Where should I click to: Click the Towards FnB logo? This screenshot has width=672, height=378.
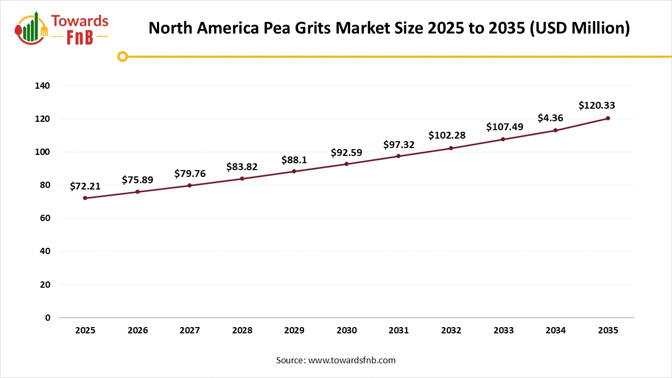click(62, 29)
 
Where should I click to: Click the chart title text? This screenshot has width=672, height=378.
click(388, 28)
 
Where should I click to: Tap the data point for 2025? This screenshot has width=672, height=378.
click(85, 198)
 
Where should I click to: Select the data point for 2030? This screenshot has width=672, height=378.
click(346, 164)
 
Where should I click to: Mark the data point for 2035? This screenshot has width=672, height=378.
click(608, 118)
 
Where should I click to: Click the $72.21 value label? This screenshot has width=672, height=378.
click(85, 186)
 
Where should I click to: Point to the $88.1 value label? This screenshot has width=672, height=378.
click(294, 160)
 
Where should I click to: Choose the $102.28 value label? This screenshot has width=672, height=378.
click(447, 135)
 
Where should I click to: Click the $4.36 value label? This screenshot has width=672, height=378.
click(550, 118)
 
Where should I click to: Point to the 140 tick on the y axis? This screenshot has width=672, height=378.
click(43, 86)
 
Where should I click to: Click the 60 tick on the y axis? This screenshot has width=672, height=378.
click(45, 218)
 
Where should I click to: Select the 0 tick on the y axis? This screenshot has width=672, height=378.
click(48, 318)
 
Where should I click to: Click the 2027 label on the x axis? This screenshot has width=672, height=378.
click(190, 331)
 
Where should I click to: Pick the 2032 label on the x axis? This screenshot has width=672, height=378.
click(451, 331)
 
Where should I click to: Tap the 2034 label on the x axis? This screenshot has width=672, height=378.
click(555, 331)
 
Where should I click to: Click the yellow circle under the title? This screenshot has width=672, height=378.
click(122, 56)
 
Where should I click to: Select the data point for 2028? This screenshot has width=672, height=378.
click(242, 178)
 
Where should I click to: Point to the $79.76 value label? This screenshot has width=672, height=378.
click(190, 173)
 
